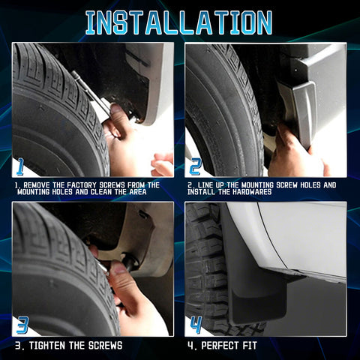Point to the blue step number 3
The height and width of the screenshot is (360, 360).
pos(22,325)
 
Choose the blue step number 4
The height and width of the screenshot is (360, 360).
pos(196,325)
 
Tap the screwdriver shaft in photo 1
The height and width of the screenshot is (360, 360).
pos(88,90)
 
